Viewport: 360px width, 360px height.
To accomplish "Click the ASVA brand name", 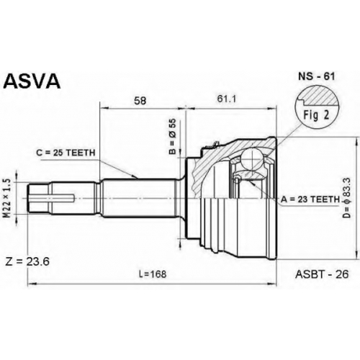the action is pos(32,81).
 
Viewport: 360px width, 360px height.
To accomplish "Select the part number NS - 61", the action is pos(316,76).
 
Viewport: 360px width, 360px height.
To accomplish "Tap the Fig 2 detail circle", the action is pos(316,107).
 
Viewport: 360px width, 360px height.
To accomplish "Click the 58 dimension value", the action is pos(140,100).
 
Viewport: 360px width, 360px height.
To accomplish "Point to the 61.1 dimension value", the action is pos(227,99).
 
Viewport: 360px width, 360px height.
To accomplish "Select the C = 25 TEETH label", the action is pos(66,153).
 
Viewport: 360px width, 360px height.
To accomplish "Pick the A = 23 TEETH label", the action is pos(310,199).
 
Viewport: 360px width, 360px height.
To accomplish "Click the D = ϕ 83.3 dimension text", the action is pos(348,198).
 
